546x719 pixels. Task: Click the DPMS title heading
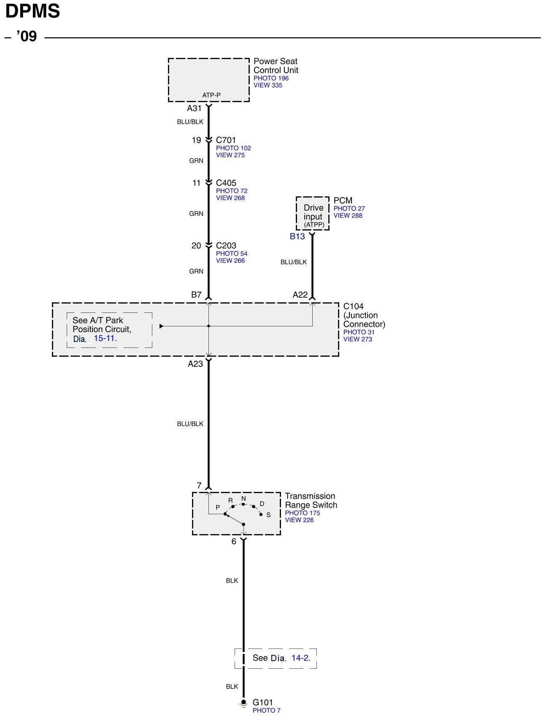coord(32,11)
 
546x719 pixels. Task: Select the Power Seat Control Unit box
coord(208,80)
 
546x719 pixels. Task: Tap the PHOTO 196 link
coord(271,78)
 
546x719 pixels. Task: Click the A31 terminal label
coord(194,109)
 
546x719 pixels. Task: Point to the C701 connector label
coord(226,140)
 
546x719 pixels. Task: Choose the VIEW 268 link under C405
coord(230,198)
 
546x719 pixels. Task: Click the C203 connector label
coord(226,245)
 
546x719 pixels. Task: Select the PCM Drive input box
coord(313,214)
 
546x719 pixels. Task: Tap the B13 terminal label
coord(297,236)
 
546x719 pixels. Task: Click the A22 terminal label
coord(300,295)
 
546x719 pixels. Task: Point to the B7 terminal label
coord(196,295)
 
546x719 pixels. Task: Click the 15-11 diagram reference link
coord(104,338)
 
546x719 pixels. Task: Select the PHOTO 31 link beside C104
coord(359,332)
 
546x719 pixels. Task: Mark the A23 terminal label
coord(195,364)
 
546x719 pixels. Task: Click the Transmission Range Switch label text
coord(311,500)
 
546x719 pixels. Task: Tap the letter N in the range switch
coord(243,499)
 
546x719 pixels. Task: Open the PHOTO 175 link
coord(302,513)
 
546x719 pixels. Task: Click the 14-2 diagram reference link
coord(300,658)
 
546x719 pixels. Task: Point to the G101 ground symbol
coord(243,703)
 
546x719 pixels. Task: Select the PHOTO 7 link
coord(266,711)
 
